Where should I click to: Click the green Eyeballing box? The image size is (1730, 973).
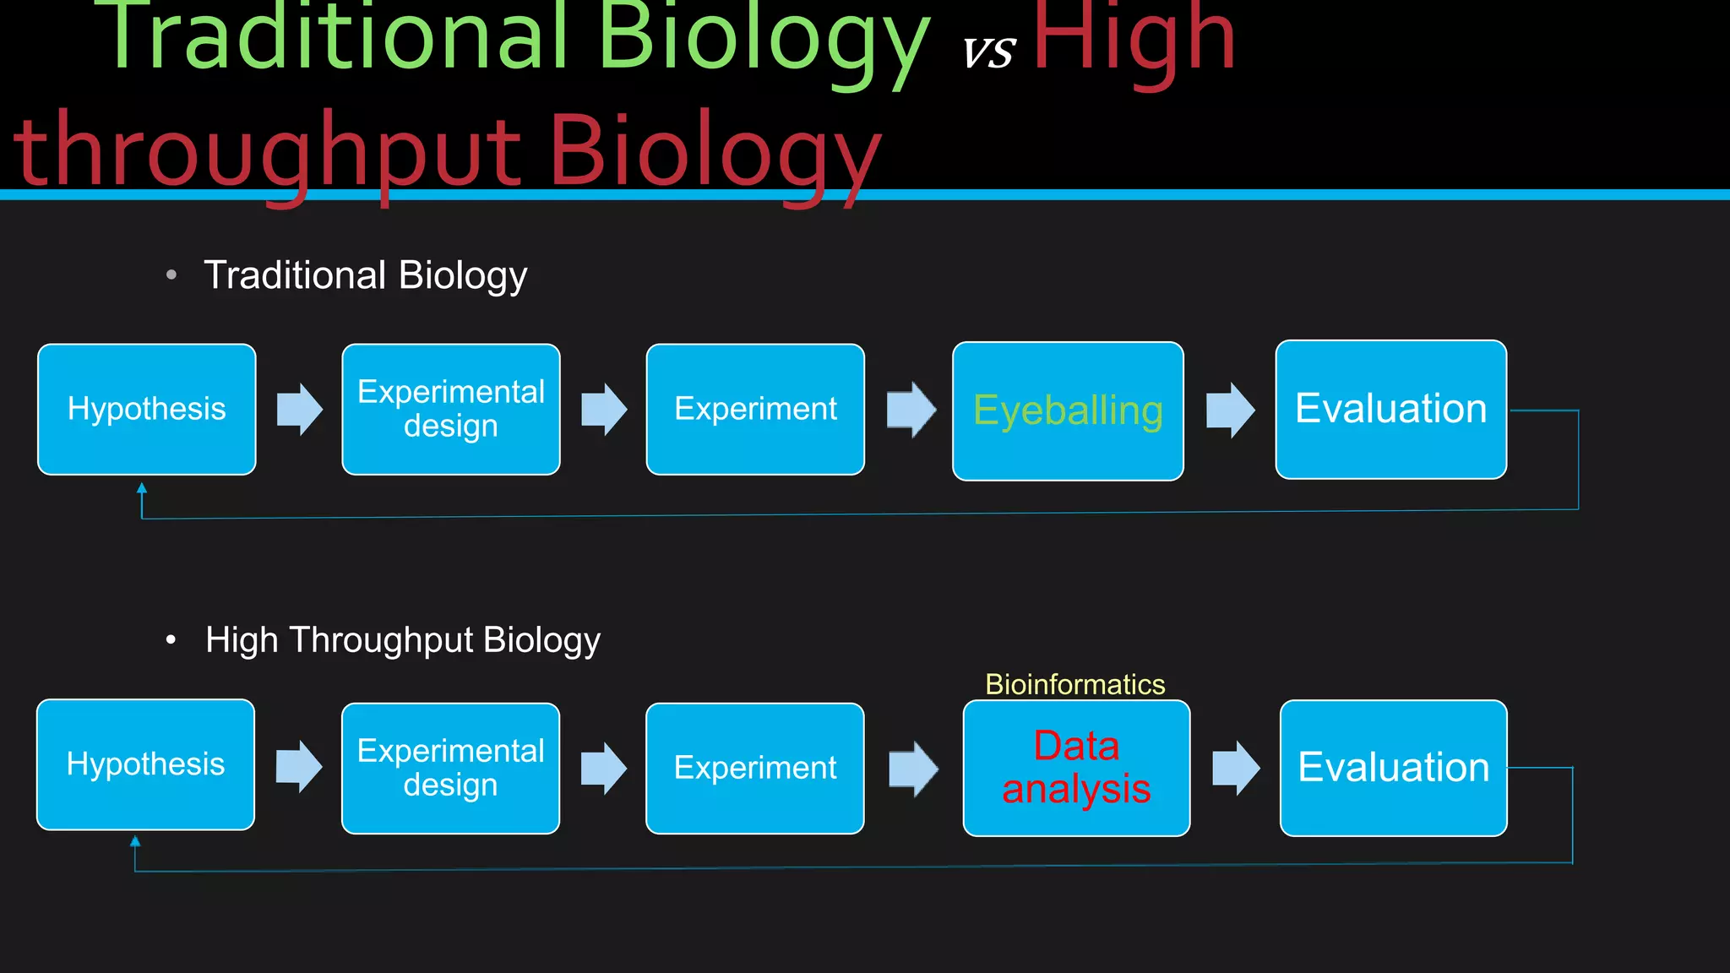[1068, 411]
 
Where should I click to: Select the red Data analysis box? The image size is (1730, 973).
[1076, 768]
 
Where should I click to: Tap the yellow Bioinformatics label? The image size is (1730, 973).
[1074, 684]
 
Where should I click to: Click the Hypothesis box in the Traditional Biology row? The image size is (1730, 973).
[147, 409]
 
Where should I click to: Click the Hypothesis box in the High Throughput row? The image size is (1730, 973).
[145, 764]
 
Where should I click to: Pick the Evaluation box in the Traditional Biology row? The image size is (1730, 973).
[1390, 409]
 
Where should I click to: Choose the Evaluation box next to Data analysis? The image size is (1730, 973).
[1393, 768]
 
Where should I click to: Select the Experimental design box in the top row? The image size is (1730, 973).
[451, 409]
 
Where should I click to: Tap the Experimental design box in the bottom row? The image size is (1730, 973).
[450, 768]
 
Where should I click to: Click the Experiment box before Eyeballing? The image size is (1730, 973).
[755, 409]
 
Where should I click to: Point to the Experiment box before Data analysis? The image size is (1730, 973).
[754, 768]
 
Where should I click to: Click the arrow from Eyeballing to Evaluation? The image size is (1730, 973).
[1230, 410]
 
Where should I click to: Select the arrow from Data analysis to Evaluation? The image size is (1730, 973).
[1236, 768]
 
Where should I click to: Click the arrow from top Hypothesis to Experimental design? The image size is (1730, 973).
[300, 409]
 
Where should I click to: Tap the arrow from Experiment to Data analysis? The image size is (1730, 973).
[913, 769]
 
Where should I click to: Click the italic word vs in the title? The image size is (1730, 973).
[988, 52]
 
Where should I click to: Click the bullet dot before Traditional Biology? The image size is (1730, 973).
[171, 275]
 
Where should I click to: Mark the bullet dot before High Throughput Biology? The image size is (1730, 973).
[171, 640]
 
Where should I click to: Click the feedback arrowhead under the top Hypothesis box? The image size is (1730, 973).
[142, 488]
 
